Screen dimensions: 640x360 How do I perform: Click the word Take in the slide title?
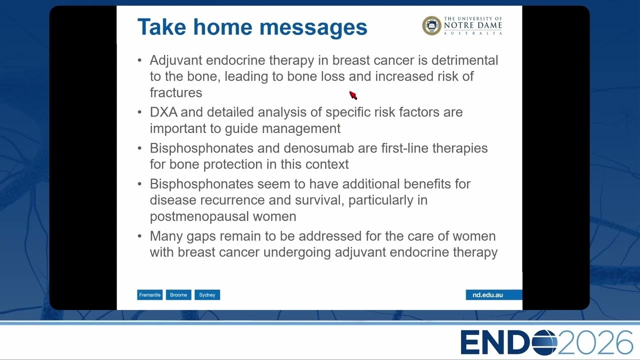(x=161, y=27)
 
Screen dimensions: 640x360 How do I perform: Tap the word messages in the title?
(x=313, y=28)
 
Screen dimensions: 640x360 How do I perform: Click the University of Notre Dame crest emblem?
(x=431, y=25)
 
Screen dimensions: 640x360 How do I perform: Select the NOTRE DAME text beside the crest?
(x=473, y=25)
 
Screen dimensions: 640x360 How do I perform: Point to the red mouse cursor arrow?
(x=353, y=95)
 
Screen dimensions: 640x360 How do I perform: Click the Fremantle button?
(x=149, y=295)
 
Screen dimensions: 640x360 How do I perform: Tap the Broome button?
(x=178, y=295)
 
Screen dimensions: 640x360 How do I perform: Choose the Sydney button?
(x=207, y=295)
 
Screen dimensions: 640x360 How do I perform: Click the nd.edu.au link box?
(x=493, y=295)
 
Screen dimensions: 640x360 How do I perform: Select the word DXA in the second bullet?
(x=163, y=112)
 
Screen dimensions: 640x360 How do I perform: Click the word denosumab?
(x=318, y=148)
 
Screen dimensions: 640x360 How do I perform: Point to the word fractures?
(x=176, y=93)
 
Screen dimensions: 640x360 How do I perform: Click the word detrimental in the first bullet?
(x=464, y=60)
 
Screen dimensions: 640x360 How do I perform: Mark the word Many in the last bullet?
(x=166, y=236)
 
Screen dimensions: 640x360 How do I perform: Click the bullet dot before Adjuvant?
(x=139, y=60)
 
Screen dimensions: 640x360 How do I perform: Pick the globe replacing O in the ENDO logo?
(x=544, y=342)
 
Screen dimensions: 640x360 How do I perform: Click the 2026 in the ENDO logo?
(x=595, y=342)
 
